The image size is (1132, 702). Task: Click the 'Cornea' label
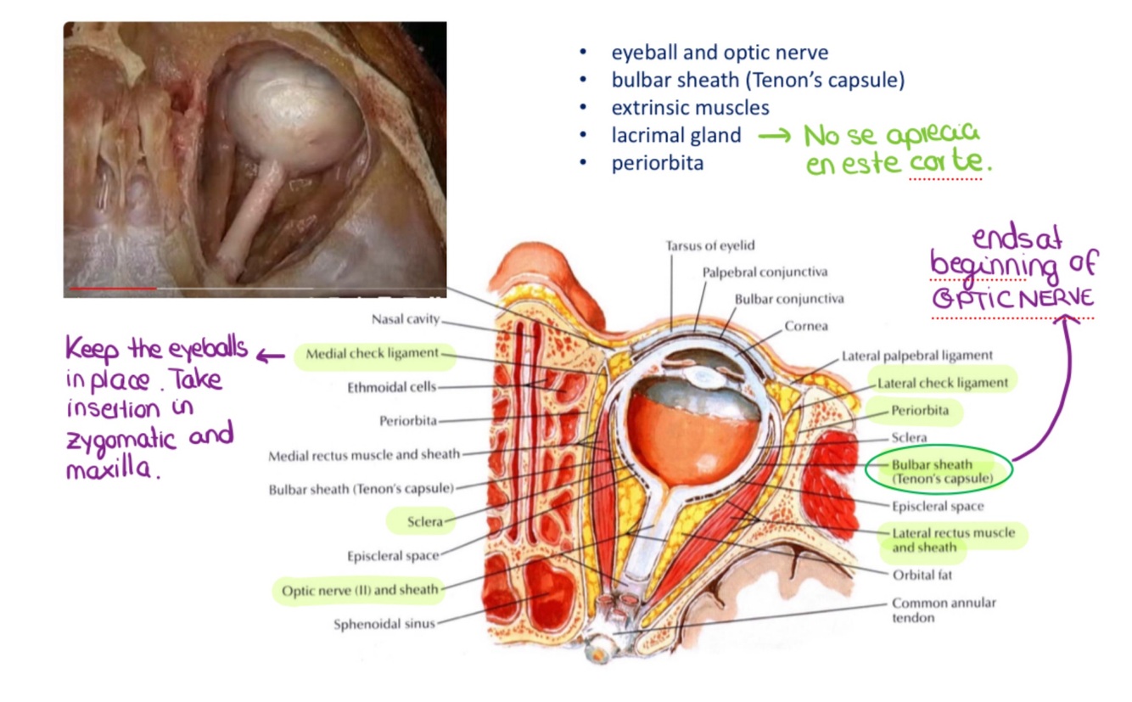click(x=805, y=326)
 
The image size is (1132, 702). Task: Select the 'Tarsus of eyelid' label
click(x=709, y=245)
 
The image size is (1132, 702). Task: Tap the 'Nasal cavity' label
click(x=406, y=320)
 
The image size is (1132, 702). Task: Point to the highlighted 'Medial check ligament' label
click(x=373, y=353)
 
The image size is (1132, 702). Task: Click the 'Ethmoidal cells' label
click(x=391, y=387)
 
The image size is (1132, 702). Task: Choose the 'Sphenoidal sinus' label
click(x=384, y=624)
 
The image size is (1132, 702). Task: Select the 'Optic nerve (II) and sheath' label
click(x=360, y=589)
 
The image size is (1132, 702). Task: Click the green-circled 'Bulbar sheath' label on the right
click(x=941, y=472)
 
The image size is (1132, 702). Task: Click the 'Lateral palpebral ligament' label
click(x=916, y=356)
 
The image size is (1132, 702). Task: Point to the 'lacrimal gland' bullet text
click(x=675, y=135)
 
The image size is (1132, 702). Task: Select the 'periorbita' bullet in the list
click(x=657, y=163)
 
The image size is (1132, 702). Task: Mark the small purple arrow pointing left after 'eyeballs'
click(x=271, y=357)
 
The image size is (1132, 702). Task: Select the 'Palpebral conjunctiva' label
click(x=764, y=272)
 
